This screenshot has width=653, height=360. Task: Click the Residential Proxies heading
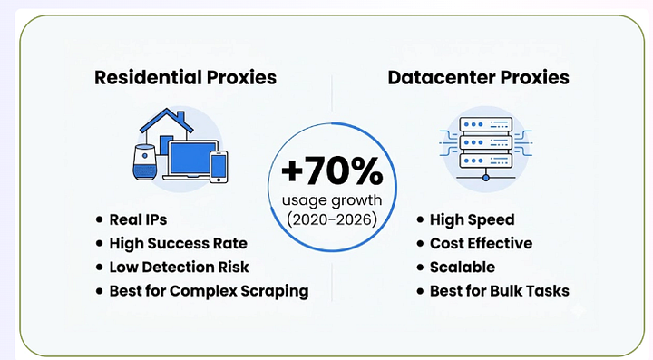pyautogui.click(x=185, y=77)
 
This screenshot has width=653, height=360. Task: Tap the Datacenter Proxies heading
pyautogui.click(x=479, y=77)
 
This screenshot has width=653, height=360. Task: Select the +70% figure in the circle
pyautogui.click(x=332, y=170)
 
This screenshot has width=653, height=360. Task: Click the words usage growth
pyautogui.click(x=332, y=200)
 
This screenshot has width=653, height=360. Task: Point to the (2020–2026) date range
pyautogui.click(x=332, y=219)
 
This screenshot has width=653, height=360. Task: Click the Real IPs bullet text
pyautogui.click(x=138, y=219)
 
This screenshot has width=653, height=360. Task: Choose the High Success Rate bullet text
pyautogui.click(x=179, y=243)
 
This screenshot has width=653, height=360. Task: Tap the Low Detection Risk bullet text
pyautogui.click(x=179, y=268)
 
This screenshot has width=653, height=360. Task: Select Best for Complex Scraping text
pyautogui.click(x=210, y=291)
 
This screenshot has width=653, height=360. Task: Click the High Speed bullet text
pyautogui.click(x=473, y=219)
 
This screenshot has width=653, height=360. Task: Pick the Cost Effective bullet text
pyautogui.click(x=481, y=243)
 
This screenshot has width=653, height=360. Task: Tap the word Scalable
pyautogui.click(x=463, y=268)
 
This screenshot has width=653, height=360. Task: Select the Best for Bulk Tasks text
pyautogui.click(x=500, y=291)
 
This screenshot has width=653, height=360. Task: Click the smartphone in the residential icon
pyautogui.click(x=219, y=167)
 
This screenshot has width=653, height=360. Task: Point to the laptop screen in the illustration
pyautogui.click(x=192, y=158)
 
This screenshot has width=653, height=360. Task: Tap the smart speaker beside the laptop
pyautogui.click(x=145, y=162)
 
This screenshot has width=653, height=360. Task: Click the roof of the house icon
pyautogui.click(x=167, y=120)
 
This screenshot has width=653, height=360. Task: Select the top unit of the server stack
pyautogui.click(x=486, y=124)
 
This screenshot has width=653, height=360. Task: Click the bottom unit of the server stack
pyautogui.click(x=486, y=161)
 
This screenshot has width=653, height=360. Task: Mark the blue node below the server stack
pyautogui.click(x=486, y=178)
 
